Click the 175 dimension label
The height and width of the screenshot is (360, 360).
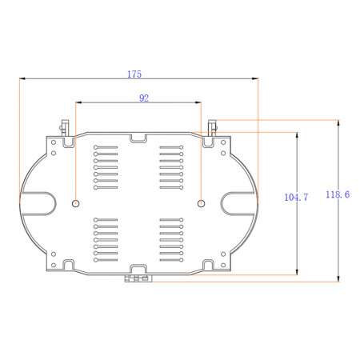click(134, 74)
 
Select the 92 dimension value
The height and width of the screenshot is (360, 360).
click(144, 98)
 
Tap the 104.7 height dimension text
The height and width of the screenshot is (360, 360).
click(296, 198)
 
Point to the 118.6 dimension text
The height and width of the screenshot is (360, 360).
click(338, 194)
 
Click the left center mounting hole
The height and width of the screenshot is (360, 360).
click(76, 204)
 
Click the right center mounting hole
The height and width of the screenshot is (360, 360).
click(201, 204)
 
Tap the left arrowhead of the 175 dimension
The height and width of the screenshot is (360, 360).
click(22, 78)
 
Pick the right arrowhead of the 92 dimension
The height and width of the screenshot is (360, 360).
click(198, 102)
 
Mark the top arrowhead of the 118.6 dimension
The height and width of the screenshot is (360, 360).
click(338, 123)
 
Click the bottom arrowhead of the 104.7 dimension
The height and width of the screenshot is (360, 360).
click(297, 271)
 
